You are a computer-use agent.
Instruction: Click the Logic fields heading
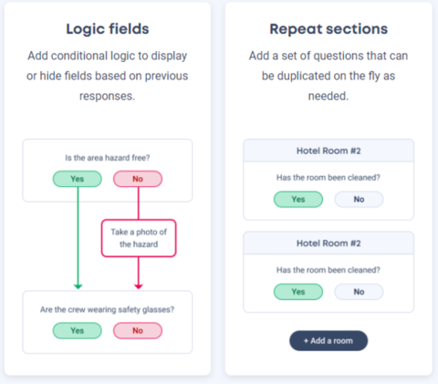[108, 29]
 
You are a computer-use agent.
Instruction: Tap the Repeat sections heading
[328, 29]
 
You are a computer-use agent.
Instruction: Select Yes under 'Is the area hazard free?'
[78, 179]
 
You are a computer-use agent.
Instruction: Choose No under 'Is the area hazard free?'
[138, 179]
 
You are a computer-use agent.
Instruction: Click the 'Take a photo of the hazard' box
[139, 238]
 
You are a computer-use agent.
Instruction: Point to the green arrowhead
[78, 286]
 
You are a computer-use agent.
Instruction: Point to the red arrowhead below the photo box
[139, 286]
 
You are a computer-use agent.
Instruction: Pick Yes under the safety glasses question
[78, 330]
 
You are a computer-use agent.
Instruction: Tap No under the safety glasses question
[138, 330]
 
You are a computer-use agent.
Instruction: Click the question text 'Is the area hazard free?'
[108, 158]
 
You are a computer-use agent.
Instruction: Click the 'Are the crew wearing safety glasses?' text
[108, 309]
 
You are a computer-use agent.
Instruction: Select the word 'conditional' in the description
[78, 56]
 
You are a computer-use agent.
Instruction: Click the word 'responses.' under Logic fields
[108, 97]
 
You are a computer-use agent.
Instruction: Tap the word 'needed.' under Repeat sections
[328, 96]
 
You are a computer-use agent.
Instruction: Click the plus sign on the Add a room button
[306, 341]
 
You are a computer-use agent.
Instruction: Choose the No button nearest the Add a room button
[359, 292]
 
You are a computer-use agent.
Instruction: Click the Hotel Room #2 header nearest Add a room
[328, 244]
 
